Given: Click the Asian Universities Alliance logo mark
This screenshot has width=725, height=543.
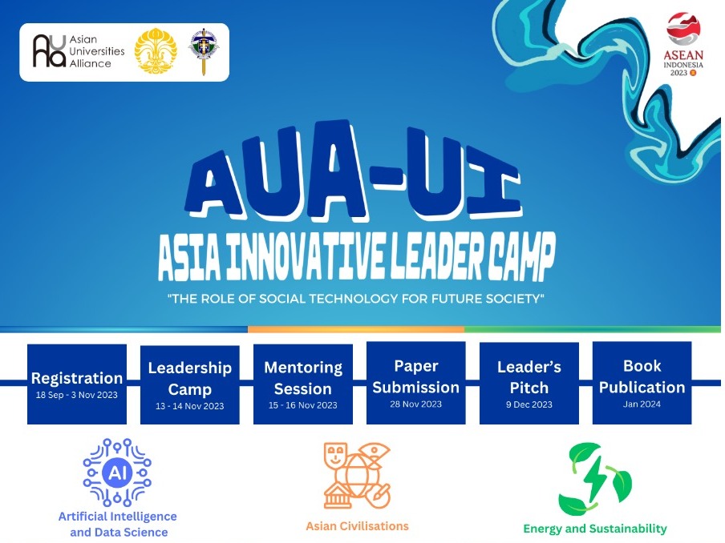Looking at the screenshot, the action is [49, 51].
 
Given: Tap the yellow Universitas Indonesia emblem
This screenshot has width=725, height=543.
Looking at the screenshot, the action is [156, 51].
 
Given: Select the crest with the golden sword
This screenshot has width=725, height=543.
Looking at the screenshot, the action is [204, 51].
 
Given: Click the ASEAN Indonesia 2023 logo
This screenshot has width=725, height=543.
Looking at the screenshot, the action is [683, 44].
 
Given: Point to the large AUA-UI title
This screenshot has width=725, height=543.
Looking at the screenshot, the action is [355, 171].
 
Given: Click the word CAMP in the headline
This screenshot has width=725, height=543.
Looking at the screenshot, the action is [521, 256].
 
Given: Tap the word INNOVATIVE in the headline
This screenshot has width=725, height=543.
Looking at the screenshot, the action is [306, 256].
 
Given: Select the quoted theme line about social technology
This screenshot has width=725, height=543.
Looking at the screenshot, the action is [355, 299].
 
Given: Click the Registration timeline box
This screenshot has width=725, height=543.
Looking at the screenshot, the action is [77, 384].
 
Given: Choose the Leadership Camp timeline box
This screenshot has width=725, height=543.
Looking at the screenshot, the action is [190, 384].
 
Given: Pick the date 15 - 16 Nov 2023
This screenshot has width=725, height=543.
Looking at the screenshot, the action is [303, 405].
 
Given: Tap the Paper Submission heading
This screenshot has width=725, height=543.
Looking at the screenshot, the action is [415, 376].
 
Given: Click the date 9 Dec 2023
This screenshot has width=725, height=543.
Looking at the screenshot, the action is [529, 404].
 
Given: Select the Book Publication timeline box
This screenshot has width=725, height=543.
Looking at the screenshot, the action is [642, 383].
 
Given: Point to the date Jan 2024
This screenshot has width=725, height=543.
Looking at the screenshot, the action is [642, 404].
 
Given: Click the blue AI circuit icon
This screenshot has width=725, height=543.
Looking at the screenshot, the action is [117, 473].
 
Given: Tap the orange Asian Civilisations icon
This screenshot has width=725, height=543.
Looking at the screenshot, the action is [357, 476].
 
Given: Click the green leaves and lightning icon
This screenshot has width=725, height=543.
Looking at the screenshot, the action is [594, 479].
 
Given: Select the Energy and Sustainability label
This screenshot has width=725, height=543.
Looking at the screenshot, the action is [595, 529].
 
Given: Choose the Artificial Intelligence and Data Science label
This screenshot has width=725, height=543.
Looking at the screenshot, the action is [118, 524].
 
